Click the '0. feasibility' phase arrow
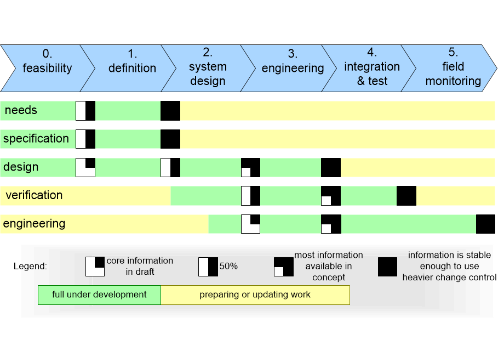47,68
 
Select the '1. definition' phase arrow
131,68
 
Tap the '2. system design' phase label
208,67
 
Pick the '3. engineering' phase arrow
293,68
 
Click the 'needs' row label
21,110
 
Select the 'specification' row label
36,139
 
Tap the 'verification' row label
34,195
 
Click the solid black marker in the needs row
170,110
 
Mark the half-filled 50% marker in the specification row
85,139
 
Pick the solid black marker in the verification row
406,196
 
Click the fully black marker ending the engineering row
485,224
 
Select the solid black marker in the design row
331,167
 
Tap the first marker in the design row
85,167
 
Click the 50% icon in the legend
208,267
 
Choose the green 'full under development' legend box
99,295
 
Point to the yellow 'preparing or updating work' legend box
255,295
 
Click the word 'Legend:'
30,267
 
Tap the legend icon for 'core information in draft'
95,267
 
